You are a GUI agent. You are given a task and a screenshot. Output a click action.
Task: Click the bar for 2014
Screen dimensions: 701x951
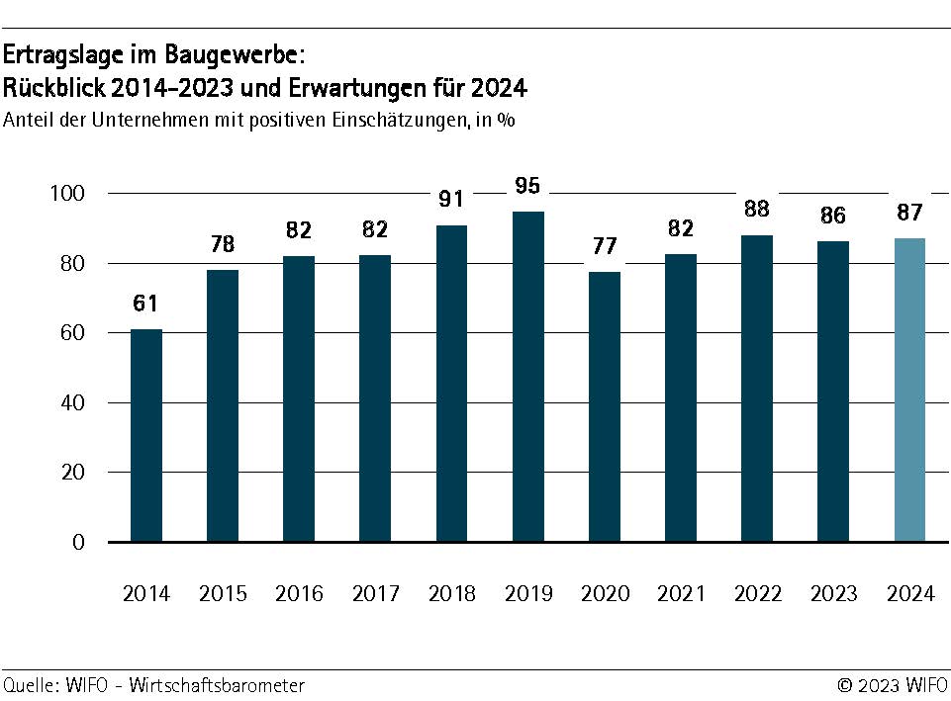pyautogui.click(x=146, y=435)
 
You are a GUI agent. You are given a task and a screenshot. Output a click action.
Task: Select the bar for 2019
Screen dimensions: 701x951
pyautogui.click(x=528, y=377)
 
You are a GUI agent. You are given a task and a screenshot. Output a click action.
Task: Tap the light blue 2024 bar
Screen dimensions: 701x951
pyautogui.click(x=909, y=390)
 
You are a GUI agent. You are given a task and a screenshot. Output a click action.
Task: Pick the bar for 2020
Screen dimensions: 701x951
pyautogui.click(x=605, y=406)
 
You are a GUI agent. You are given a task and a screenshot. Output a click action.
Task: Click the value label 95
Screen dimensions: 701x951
pyautogui.click(x=528, y=185)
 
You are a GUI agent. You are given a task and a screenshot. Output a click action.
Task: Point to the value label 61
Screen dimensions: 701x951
pyautogui.click(x=146, y=303)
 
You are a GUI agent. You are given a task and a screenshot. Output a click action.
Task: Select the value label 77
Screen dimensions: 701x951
pyautogui.click(x=605, y=246)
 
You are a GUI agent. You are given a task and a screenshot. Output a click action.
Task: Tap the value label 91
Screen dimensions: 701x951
pyautogui.click(x=451, y=199)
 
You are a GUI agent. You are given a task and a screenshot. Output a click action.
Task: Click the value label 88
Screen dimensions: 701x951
pyautogui.click(x=757, y=210)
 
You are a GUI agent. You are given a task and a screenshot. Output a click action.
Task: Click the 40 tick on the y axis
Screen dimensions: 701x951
pyautogui.click(x=74, y=403)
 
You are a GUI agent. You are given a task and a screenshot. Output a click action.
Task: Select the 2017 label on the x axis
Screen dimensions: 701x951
pyautogui.click(x=375, y=594)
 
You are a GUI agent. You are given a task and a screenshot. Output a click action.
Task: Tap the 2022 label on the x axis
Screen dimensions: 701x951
pyautogui.click(x=757, y=594)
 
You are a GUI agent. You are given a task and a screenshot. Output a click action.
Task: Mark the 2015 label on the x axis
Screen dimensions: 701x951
pyautogui.click(x=223, y=594)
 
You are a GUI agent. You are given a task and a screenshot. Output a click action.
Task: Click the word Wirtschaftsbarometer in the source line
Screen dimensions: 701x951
pyautogui.click(x=216, y=685)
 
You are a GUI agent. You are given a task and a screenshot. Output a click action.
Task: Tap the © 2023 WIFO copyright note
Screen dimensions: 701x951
pyautogui.click(x=893, y=685)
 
